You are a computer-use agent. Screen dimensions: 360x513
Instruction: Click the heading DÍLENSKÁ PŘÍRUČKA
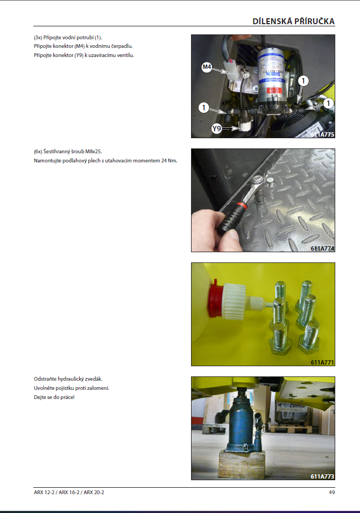pyautogui.click(x=293, y=22)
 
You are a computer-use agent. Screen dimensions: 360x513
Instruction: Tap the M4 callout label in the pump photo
pyautogui.click(x=207, y=67)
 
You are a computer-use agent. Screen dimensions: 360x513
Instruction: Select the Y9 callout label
pyautogui.click(x=216, y=129)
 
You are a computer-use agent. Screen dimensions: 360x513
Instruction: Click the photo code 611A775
pyautogui.click(x=322, y=134)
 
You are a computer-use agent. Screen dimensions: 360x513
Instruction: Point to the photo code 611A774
pyautogui.click(x=322, y=248)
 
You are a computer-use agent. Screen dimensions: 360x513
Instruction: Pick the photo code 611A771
pyautogui.click(x=322, y=362)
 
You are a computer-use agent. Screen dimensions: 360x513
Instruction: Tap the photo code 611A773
pyautogui.click(x=322, y=476)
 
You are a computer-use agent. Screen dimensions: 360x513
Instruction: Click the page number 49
pyautogui.click(x=332, y=492)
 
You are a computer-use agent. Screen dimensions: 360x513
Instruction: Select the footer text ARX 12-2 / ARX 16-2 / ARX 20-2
pyautogui.click(x=69, y=492)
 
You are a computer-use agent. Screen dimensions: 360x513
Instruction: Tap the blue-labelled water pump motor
pyautogui.click(x=273, y=77)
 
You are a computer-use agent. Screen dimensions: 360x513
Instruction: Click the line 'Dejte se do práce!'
pyautogui.click(x=54, y=397)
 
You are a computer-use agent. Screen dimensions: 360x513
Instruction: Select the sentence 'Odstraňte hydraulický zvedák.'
pyautogui.click(x=68, y=379)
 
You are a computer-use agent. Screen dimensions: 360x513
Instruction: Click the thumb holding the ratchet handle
pyautogui.click(x=232, y=237)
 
